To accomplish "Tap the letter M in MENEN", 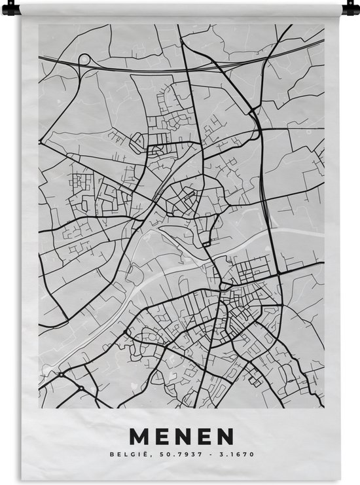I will (141, 435).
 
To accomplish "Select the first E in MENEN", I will (162, 435).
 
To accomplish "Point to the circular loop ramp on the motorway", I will (84, 60).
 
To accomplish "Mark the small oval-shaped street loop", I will (137, 139).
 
